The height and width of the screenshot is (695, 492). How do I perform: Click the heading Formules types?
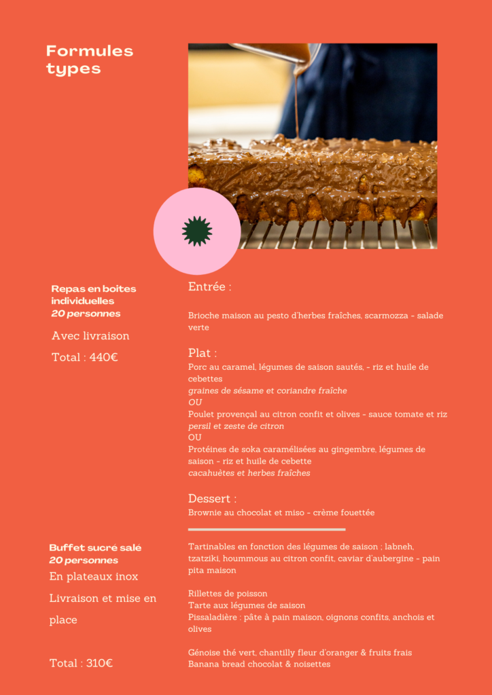click(x=89, y=60)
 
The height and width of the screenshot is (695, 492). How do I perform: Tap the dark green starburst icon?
click(x=197, y=231)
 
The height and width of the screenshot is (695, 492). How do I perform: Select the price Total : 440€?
click(x=84, y=357)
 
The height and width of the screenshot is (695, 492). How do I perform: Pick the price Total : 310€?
click(x=81, y=663)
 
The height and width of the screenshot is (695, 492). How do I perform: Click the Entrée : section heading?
click(x=209, y=287)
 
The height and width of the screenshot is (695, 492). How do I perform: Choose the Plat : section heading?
click(x=203, y=353)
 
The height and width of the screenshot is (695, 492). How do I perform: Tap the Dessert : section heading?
click(x=212, y=499)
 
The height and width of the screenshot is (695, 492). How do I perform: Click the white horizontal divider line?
click(x=266, y=529)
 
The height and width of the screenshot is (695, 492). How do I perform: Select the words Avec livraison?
click(x=90, y=336)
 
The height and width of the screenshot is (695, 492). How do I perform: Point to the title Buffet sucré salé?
click(x=95, y=548)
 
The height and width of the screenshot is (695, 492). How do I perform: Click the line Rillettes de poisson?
click(x=228, y=594)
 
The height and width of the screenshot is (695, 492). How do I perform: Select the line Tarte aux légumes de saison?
click(x=247, y=605)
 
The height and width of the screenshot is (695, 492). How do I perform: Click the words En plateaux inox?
click(x=94, y=576)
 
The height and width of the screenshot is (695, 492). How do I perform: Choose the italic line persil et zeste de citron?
click(x=236, y=426)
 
